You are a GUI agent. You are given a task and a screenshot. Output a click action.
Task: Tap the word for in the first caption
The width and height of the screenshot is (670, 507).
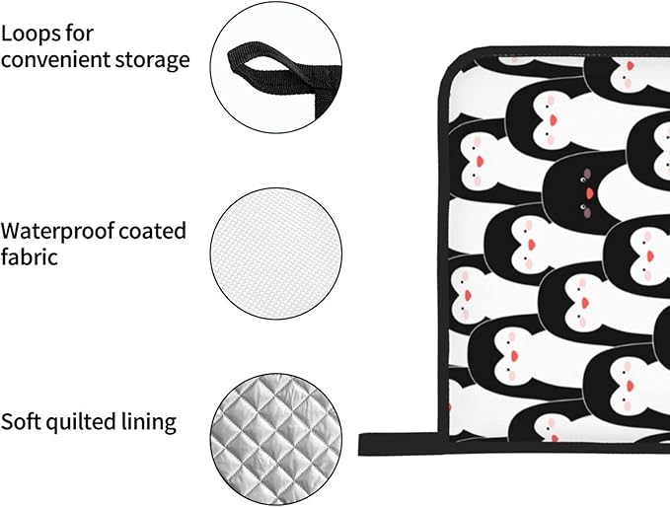[80, 33]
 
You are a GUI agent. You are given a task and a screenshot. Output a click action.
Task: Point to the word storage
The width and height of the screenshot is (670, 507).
[147, 60]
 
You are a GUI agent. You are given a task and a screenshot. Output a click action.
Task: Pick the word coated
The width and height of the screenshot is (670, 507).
[153, 231]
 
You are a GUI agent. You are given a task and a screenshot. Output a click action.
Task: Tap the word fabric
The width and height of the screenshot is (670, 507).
[29, 256]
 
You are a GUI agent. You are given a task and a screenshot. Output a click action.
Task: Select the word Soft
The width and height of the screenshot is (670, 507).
[21, 421]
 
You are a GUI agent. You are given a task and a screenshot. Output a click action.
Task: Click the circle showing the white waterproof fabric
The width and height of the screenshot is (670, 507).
[276, 253]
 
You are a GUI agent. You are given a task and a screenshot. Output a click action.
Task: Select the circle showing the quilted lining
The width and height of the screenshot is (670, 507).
[276, 440]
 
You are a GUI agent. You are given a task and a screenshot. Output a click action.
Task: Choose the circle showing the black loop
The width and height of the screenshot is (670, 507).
[276, 67]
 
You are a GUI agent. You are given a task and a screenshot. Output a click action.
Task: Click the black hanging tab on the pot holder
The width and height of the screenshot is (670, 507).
[398, 443]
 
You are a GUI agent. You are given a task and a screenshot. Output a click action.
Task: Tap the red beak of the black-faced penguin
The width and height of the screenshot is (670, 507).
[590, 193]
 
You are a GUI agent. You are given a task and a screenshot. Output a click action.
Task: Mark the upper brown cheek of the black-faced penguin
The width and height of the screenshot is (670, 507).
[587, 174]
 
